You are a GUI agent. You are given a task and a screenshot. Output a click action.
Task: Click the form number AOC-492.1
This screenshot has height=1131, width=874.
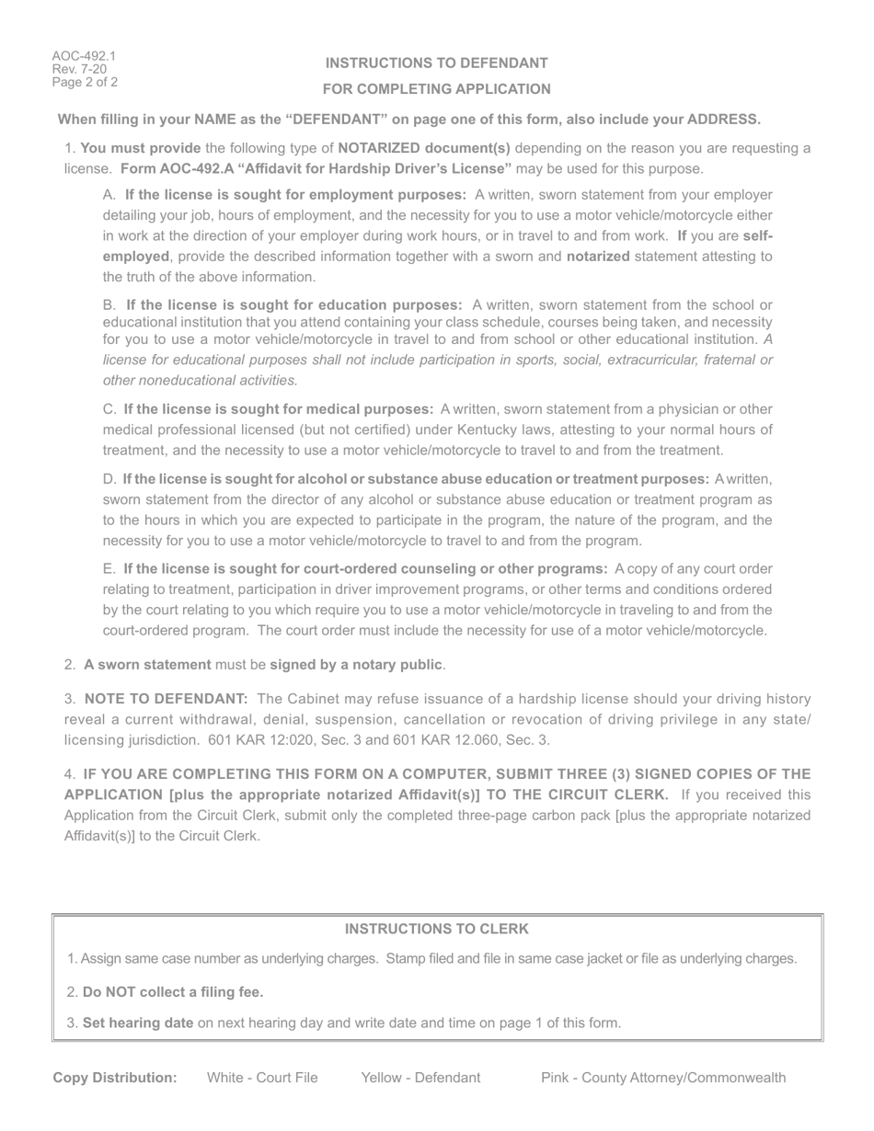point(84,56)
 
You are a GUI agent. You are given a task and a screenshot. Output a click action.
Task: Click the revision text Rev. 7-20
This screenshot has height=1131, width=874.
point(79,69)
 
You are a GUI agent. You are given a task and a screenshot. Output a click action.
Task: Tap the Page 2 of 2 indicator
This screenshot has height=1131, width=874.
point(85,82)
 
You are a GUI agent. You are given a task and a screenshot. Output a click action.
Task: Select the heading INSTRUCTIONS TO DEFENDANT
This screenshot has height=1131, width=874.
point(437,63)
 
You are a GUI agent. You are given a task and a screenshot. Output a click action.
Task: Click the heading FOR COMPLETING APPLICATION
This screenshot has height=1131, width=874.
point(437,89)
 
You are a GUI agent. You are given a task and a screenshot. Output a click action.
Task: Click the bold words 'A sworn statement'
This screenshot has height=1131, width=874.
point(147,665)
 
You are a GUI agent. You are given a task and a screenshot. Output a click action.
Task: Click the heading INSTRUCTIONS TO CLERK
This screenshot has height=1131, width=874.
point(437,930)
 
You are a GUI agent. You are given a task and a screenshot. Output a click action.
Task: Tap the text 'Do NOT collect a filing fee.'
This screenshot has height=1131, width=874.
point(173,992)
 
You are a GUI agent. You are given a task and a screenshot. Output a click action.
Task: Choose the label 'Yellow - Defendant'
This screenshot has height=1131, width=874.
point(420,1078)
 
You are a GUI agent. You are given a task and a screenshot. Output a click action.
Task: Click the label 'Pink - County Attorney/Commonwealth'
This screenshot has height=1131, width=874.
point(663,1078)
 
